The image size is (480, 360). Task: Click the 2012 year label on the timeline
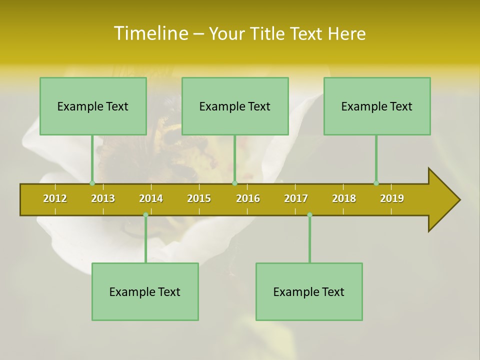click(x=55, y=198)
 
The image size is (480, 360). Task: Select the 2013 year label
click(x=103, y=198)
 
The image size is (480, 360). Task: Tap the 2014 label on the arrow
click(x=151, y=198)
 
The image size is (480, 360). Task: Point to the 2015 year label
click(x=199, y=198)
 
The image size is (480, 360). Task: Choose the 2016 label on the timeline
click(x=248, y=198)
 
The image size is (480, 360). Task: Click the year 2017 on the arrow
click(x=296, y=198)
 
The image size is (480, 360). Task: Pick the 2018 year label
click(x=344, y=198)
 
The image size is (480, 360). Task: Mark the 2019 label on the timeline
click(x=392, y=198)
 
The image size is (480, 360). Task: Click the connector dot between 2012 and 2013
click(x=92, y=183)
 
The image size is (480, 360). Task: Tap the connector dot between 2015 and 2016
click(x=234, y=183)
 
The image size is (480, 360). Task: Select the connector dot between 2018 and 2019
click(x=376, y=183)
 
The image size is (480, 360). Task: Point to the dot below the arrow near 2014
click(x=145, y=214)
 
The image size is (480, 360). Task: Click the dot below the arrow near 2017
click(x=309, y=214)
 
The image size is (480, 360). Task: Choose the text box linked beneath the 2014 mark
click(x=145, y=291)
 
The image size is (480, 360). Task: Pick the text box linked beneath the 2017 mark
click(x=309, y=291)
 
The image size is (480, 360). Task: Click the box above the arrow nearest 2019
click(x=377, y=106)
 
